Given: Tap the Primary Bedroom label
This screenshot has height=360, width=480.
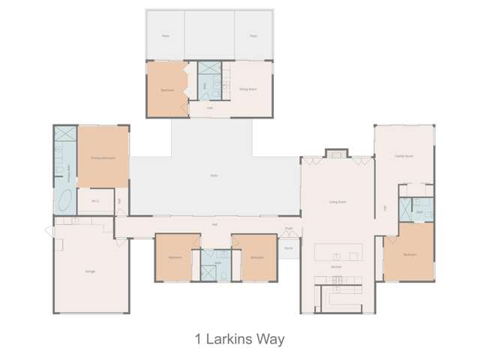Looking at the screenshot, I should [103, 158].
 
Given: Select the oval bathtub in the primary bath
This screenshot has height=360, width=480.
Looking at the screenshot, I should [64, 201].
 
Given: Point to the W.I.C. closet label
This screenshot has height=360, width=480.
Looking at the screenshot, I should [95, 200].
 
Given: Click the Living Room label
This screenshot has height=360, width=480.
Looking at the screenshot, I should [337, 202].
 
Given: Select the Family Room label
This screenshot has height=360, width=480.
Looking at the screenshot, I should [404, 156].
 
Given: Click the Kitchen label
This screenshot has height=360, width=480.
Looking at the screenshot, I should [337, 266].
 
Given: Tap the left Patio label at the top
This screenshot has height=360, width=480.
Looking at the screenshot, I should [165, 35].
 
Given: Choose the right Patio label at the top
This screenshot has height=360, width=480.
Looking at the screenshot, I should [253, 35].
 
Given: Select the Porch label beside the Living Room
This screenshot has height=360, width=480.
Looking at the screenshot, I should [288, 247].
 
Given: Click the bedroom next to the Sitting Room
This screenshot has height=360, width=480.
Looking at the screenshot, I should [168, 90].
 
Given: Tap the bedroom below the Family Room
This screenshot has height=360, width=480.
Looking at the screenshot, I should [409, 254].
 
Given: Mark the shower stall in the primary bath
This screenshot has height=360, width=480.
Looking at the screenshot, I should [63, 135].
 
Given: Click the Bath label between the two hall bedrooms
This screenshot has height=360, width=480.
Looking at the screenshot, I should [217, 262].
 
